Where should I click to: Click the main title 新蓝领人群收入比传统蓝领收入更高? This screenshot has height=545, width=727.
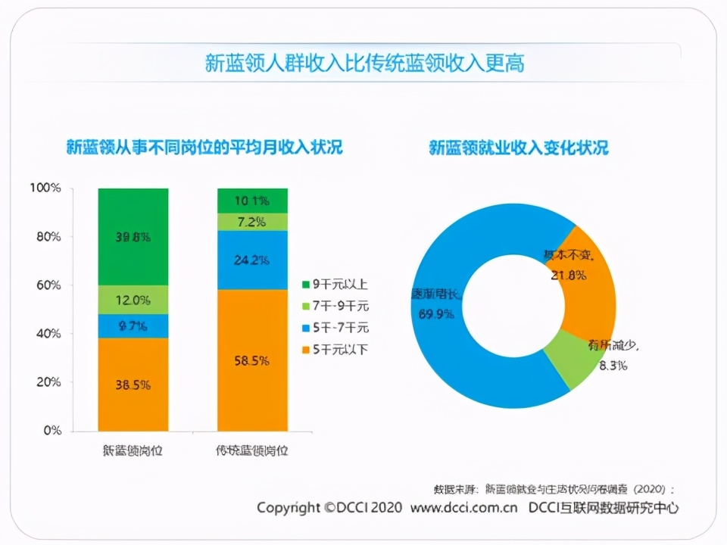click(x=364, y=63)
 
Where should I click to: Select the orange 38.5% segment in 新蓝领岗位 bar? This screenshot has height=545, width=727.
click(x=133, y=385)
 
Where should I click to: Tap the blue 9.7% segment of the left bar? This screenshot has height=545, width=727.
click(x=133, y=326)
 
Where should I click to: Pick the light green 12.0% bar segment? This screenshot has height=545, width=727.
click(x=133, y=300)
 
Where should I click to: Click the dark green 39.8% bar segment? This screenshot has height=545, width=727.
click(x=133, y=236)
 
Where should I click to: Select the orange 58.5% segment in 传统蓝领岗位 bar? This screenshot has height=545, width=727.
click(x=252, y=360)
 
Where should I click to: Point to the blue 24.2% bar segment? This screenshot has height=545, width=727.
click(x=252, y=260)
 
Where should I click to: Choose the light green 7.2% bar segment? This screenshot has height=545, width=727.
click(x=252, y=222)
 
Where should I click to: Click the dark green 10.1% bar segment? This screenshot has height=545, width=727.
click(x=252, y=201)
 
